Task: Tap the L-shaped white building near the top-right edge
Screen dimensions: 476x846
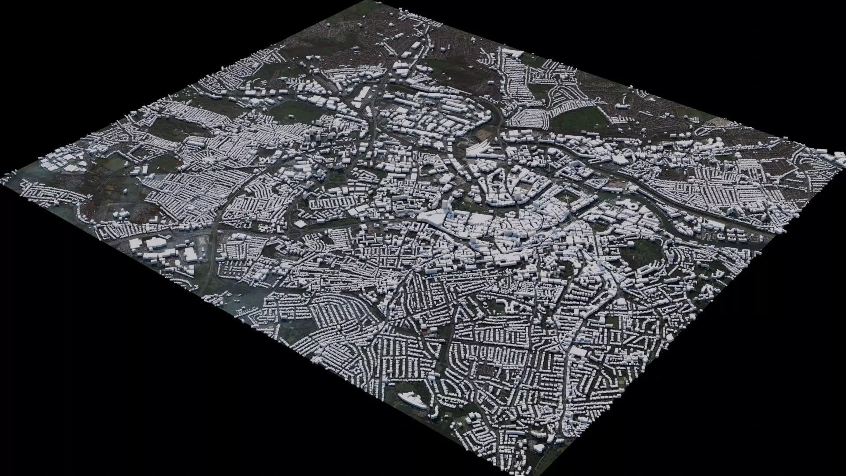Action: point(511,54)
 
